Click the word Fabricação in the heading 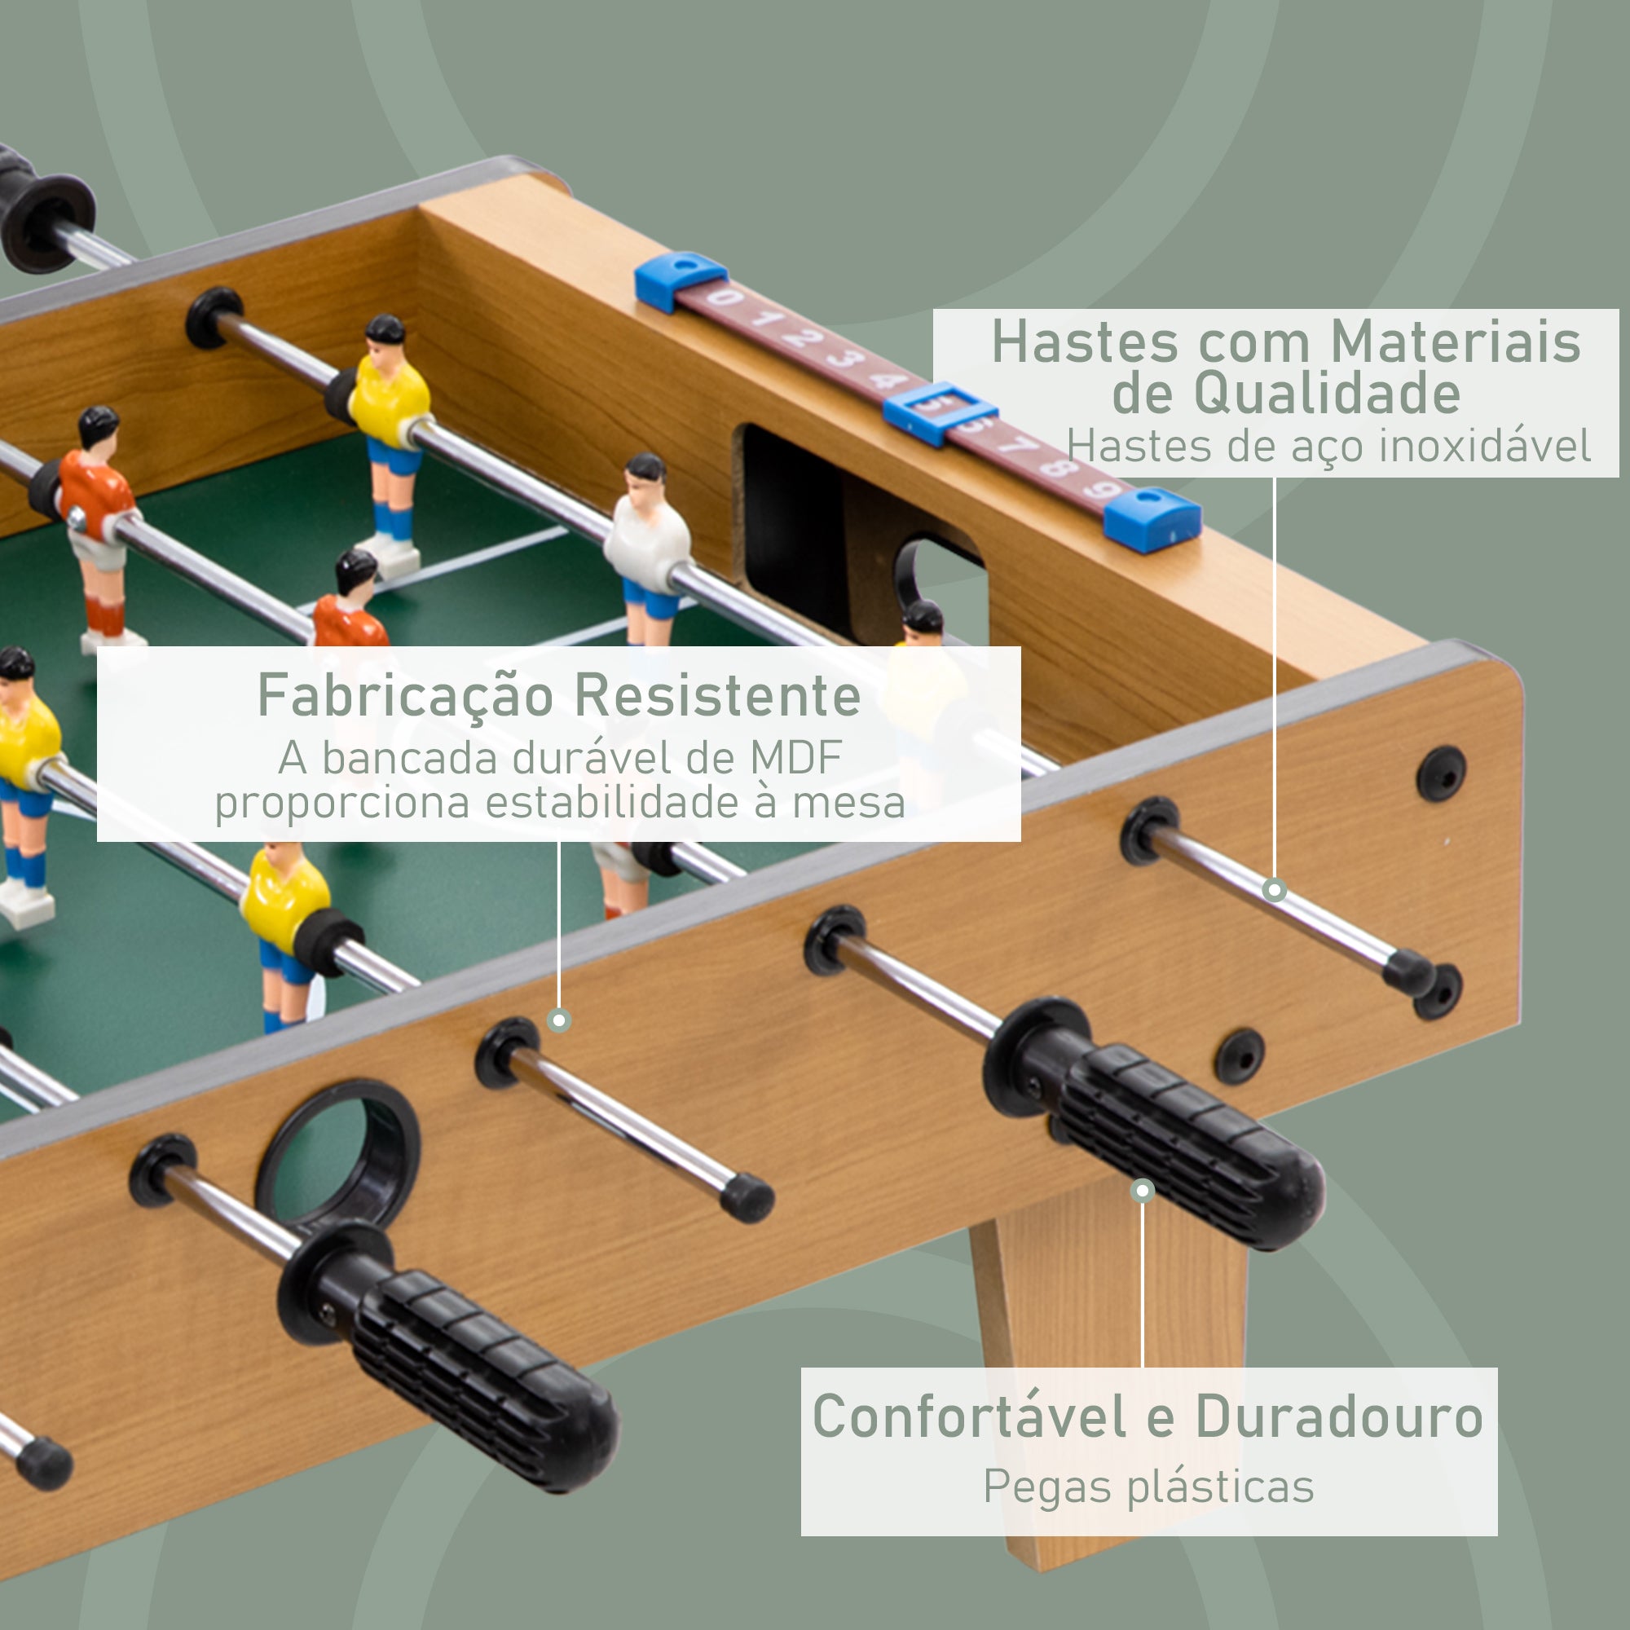coord(405,697)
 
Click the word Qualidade coord(1286,393)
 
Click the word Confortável coord(968,1416)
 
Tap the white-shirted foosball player coord(648,540)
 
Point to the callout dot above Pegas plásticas coord(1143,1191)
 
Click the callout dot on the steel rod coord(1274,889)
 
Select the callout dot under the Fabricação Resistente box coord(558,1021)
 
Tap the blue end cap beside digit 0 coord(679,280)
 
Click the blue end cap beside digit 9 coord(1152,519)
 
